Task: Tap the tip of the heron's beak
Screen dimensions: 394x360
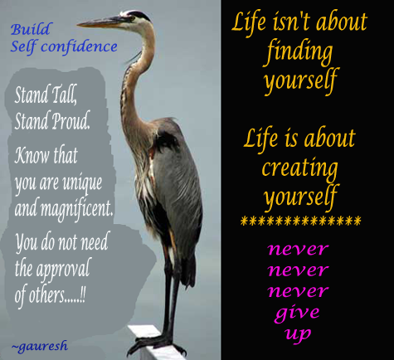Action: (77, 25)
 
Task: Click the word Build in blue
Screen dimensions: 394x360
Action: (31, 29)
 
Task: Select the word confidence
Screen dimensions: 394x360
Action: (79, 46)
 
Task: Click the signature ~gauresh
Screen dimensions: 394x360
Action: (40, 346)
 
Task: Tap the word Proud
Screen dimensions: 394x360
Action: (71, 120)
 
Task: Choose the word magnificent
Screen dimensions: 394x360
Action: (77, 209)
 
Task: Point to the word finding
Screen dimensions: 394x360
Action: (299, 51)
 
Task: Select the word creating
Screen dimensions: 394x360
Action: (300, 168)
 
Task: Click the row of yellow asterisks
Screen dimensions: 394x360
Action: (300, 221)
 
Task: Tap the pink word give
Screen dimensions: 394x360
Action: (297, 313)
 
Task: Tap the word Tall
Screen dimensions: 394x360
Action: (63, 95)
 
